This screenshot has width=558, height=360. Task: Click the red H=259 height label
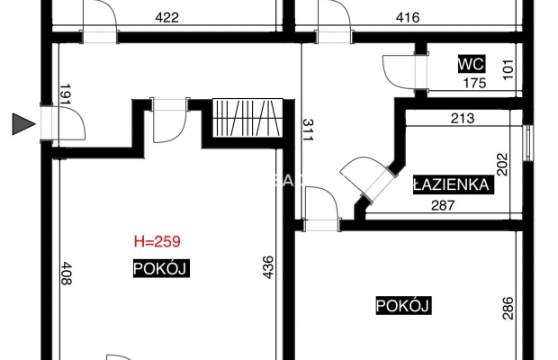pos(161,241)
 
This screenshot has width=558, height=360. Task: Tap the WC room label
pos(472,65)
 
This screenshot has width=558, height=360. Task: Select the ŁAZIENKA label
pos(451,185)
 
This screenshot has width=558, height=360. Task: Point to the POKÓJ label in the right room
pos(403,306)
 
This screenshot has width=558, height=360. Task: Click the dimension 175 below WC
pos(473,84)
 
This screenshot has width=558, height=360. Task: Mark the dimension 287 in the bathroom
pos(443,205)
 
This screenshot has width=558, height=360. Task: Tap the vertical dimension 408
pos(65,273)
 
